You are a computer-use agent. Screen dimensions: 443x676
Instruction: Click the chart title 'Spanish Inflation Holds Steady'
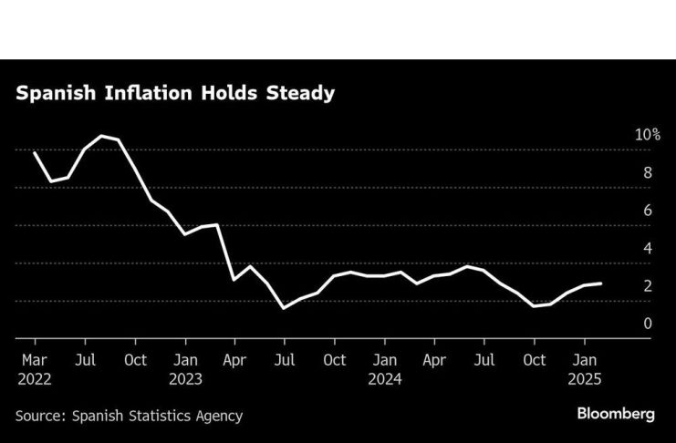tap(174, 93)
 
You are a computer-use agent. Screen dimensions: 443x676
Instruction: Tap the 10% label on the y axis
tap(648, 134)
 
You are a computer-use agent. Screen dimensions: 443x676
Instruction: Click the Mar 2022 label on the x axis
tap(34, 359)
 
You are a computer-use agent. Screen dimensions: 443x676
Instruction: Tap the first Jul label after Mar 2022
tap(85, 359)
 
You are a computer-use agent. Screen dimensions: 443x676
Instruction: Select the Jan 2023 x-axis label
tap(185, 359)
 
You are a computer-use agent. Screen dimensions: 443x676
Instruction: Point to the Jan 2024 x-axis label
tap(384, 359)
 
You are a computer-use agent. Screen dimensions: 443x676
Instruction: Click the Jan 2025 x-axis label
tap(584, 359)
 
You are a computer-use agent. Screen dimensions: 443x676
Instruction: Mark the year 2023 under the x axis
tap(185, 377)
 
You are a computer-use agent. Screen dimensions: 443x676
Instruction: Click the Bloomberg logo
tap(615, 414)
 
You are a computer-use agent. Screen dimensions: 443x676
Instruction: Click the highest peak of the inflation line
tap(101, 136)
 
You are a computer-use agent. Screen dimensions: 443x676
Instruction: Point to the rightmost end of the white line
tap(600, 283)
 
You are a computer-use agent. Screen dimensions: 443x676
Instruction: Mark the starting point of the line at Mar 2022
tap(35, 153)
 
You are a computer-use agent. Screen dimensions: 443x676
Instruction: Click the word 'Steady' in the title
tap(306, 93)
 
